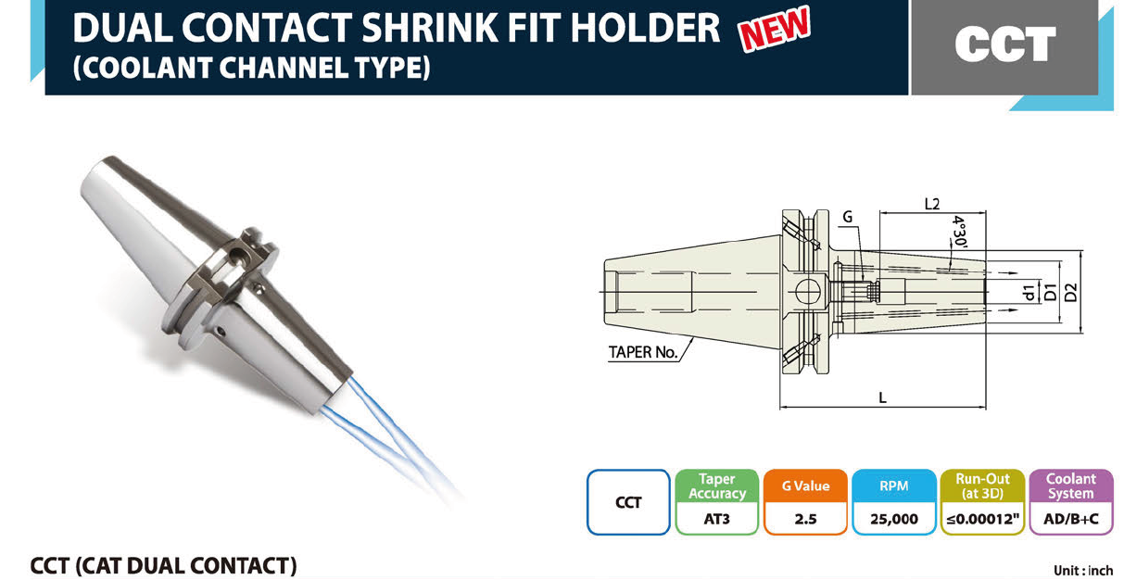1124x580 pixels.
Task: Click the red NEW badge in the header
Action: pos(775,28)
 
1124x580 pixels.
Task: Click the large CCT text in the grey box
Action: pos(1005,44)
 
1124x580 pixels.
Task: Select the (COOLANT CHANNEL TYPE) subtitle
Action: pos(251,68)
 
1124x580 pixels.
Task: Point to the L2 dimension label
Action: pos(932,204)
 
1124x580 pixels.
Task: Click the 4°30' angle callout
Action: pos(959,232)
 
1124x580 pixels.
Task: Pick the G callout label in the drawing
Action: pos(848,217)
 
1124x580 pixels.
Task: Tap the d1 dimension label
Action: pos(1029,293)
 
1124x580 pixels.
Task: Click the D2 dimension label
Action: pos(1071,293)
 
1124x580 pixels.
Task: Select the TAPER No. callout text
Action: pos(643,352)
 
